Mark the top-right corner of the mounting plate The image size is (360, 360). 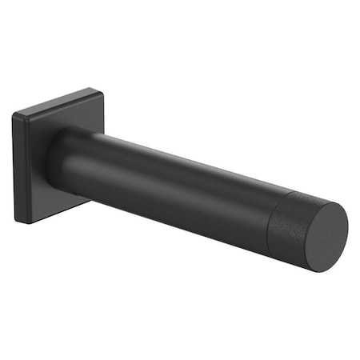[101, 91]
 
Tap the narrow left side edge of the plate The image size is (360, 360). [16, 168]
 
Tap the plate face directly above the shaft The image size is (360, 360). [76, 116]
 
